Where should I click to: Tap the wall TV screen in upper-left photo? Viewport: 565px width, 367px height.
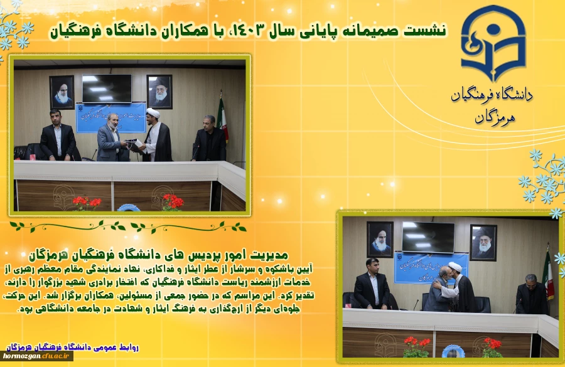[107, 88]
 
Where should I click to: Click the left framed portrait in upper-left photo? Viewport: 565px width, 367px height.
[62, 92]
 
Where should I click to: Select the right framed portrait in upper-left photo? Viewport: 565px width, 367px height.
[159, 92]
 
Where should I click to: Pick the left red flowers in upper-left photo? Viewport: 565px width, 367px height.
[86, 202]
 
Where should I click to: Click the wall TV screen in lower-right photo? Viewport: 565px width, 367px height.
[428, 237]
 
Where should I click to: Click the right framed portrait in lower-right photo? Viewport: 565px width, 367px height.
[483, 242]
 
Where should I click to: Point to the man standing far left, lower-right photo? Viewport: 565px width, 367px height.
[372, 285]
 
